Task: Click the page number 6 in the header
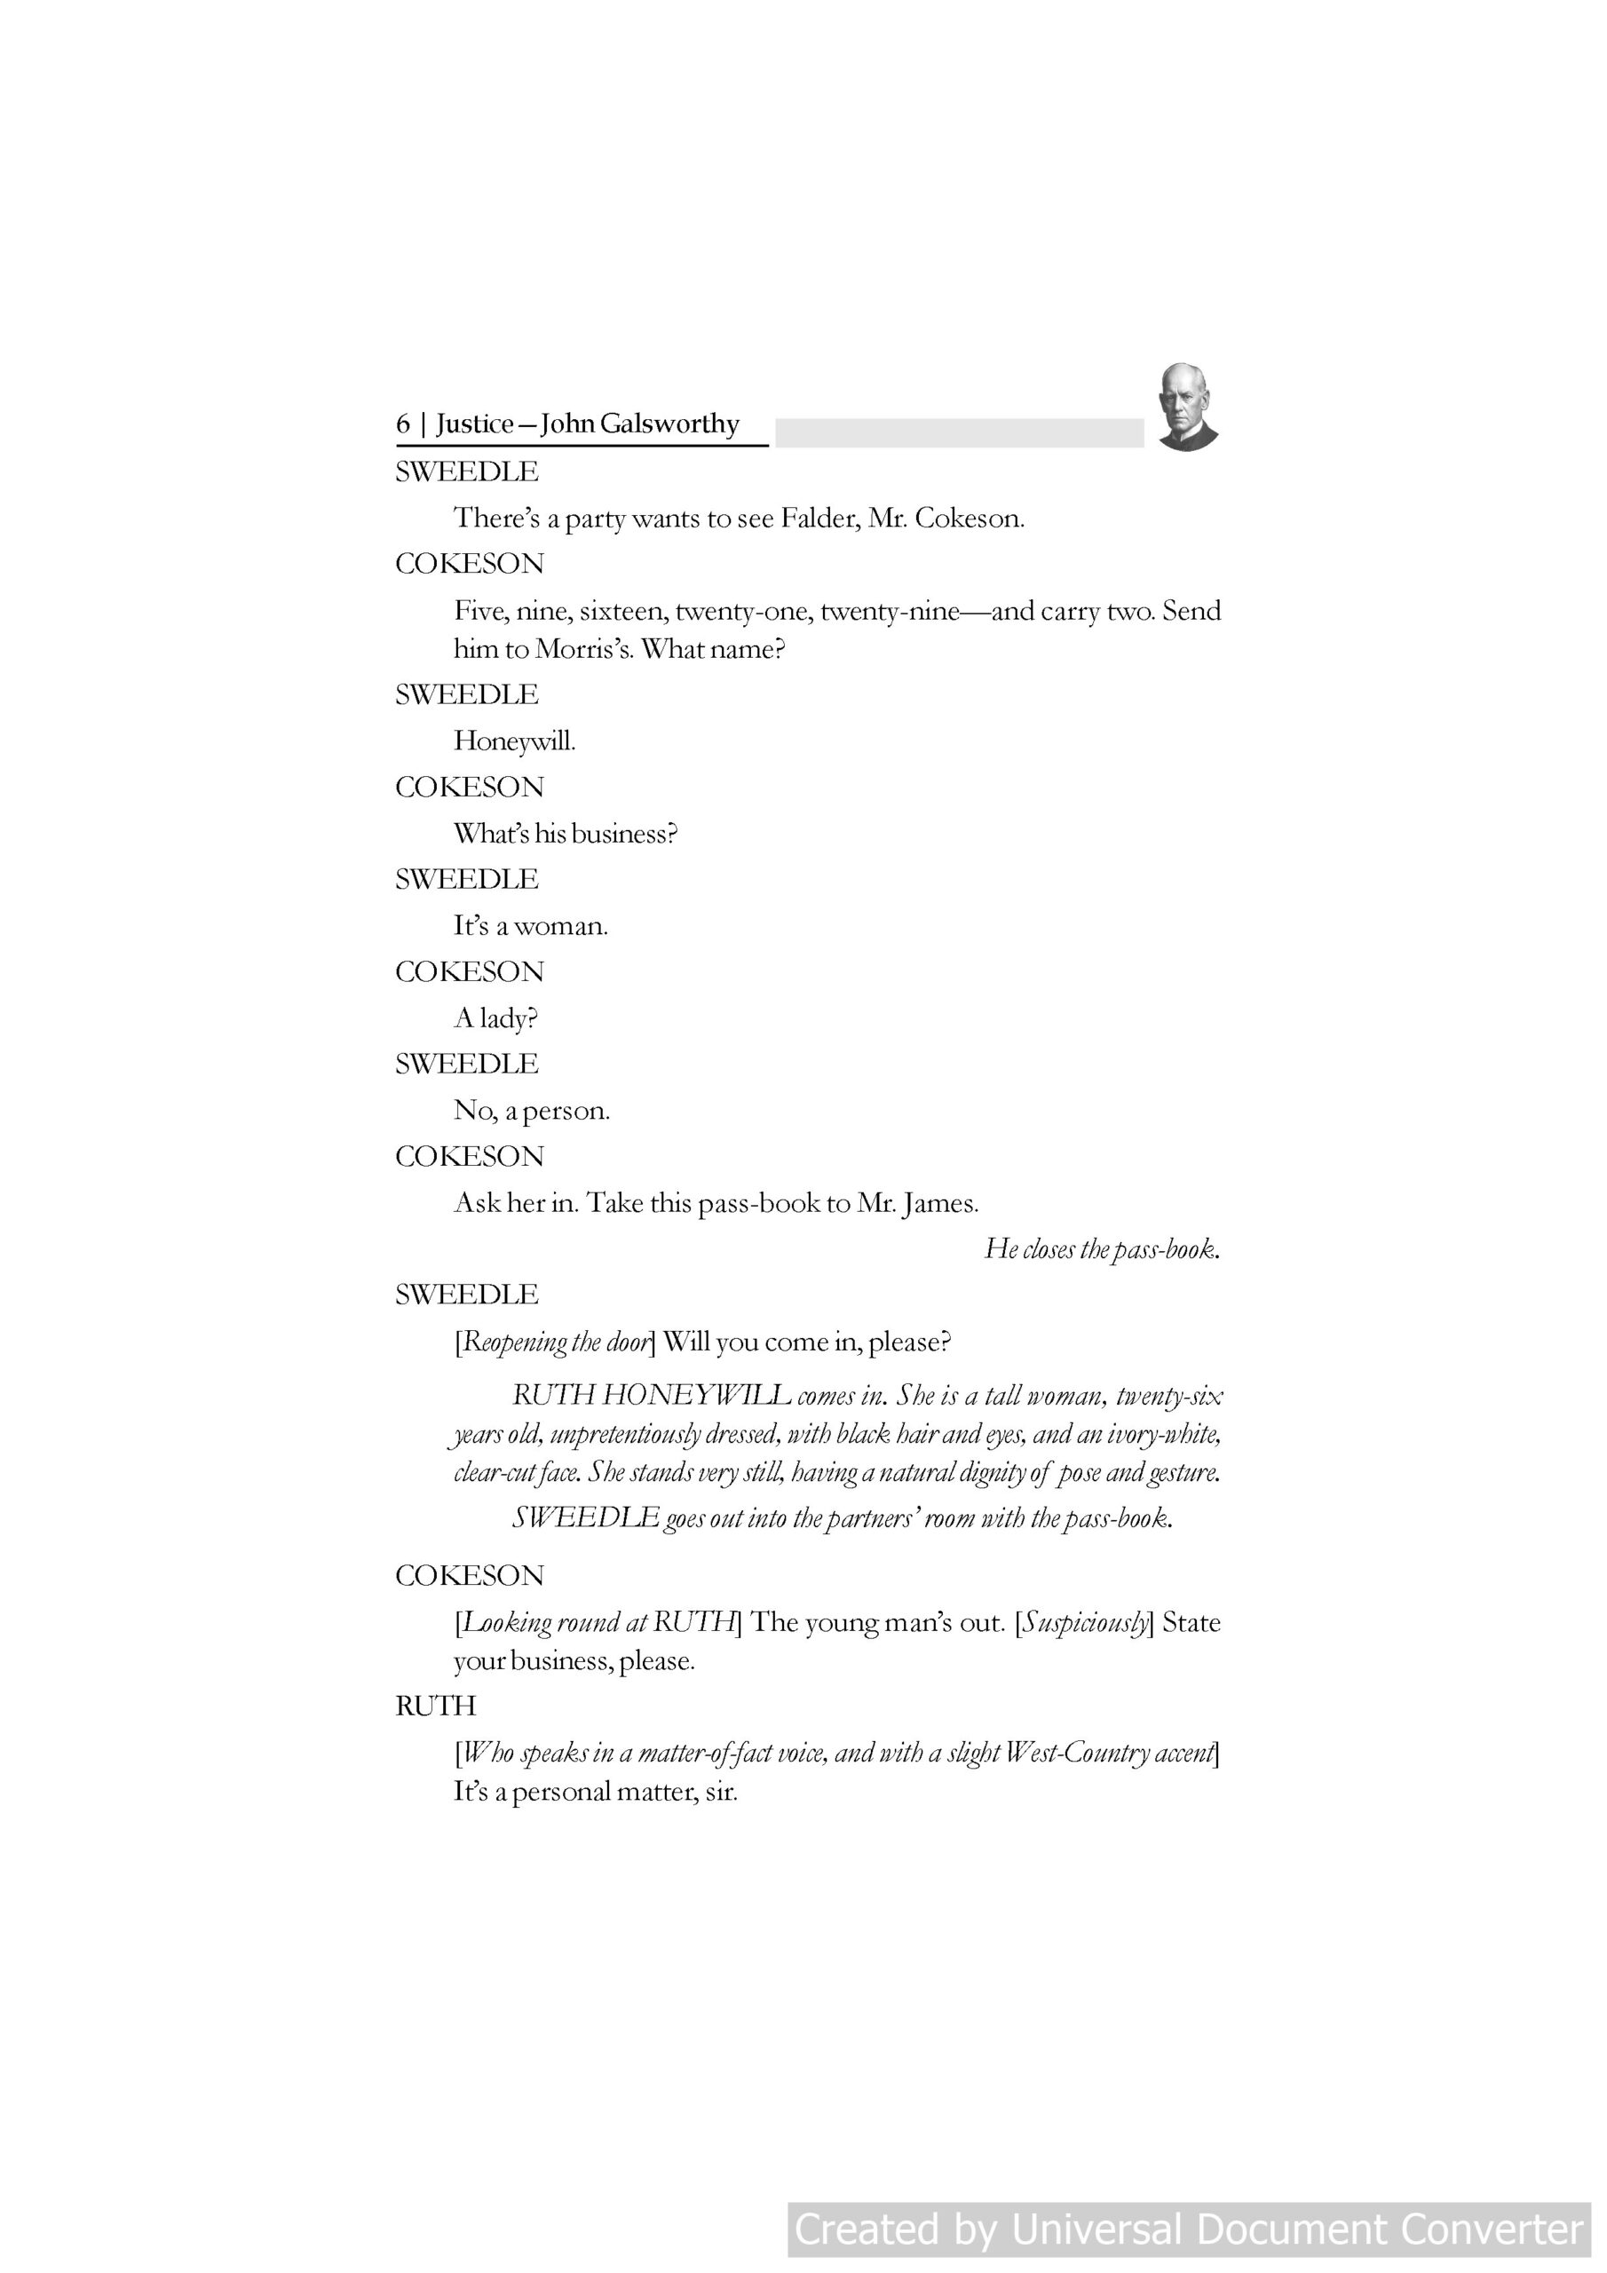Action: pos(402,424)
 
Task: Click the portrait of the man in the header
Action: pos(1186,407)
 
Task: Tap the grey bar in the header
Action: pos(959,432)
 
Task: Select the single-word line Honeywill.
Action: pos(514,741)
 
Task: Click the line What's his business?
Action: pos(566,834)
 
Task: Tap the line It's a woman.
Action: pos(531,926)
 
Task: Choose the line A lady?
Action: pos(495,1018)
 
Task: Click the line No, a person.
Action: pos(532,1111)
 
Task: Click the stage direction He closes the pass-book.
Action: pos(1101,1249)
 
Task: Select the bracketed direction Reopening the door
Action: pos(555,1342)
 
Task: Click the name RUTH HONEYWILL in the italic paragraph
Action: pos(651,1396)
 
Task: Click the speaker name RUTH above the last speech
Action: pos(436,1706)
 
